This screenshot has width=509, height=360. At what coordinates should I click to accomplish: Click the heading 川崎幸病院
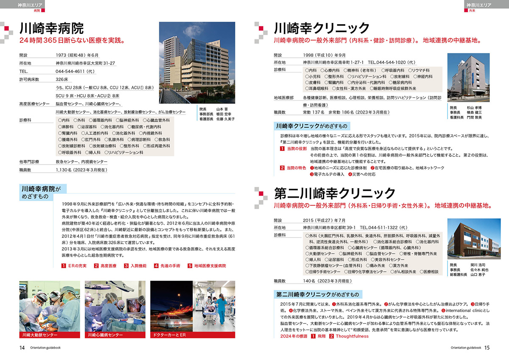click(x=52, y=29)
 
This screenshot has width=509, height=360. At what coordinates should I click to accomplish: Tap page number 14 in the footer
click(x=22, y=348)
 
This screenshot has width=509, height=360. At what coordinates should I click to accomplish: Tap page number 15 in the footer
click(x=487, y=348)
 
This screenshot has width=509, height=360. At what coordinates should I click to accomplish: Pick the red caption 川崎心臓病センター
click(x=104, y=335)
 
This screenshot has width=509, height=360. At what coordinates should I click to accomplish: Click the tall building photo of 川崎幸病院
click(x=197, y=63)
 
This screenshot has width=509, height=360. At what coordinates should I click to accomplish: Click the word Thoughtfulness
click(x=352, y=336)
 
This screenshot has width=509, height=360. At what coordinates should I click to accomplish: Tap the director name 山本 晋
click(x=223, y=109)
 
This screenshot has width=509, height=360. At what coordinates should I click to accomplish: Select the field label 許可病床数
click(x=29, y=79)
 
